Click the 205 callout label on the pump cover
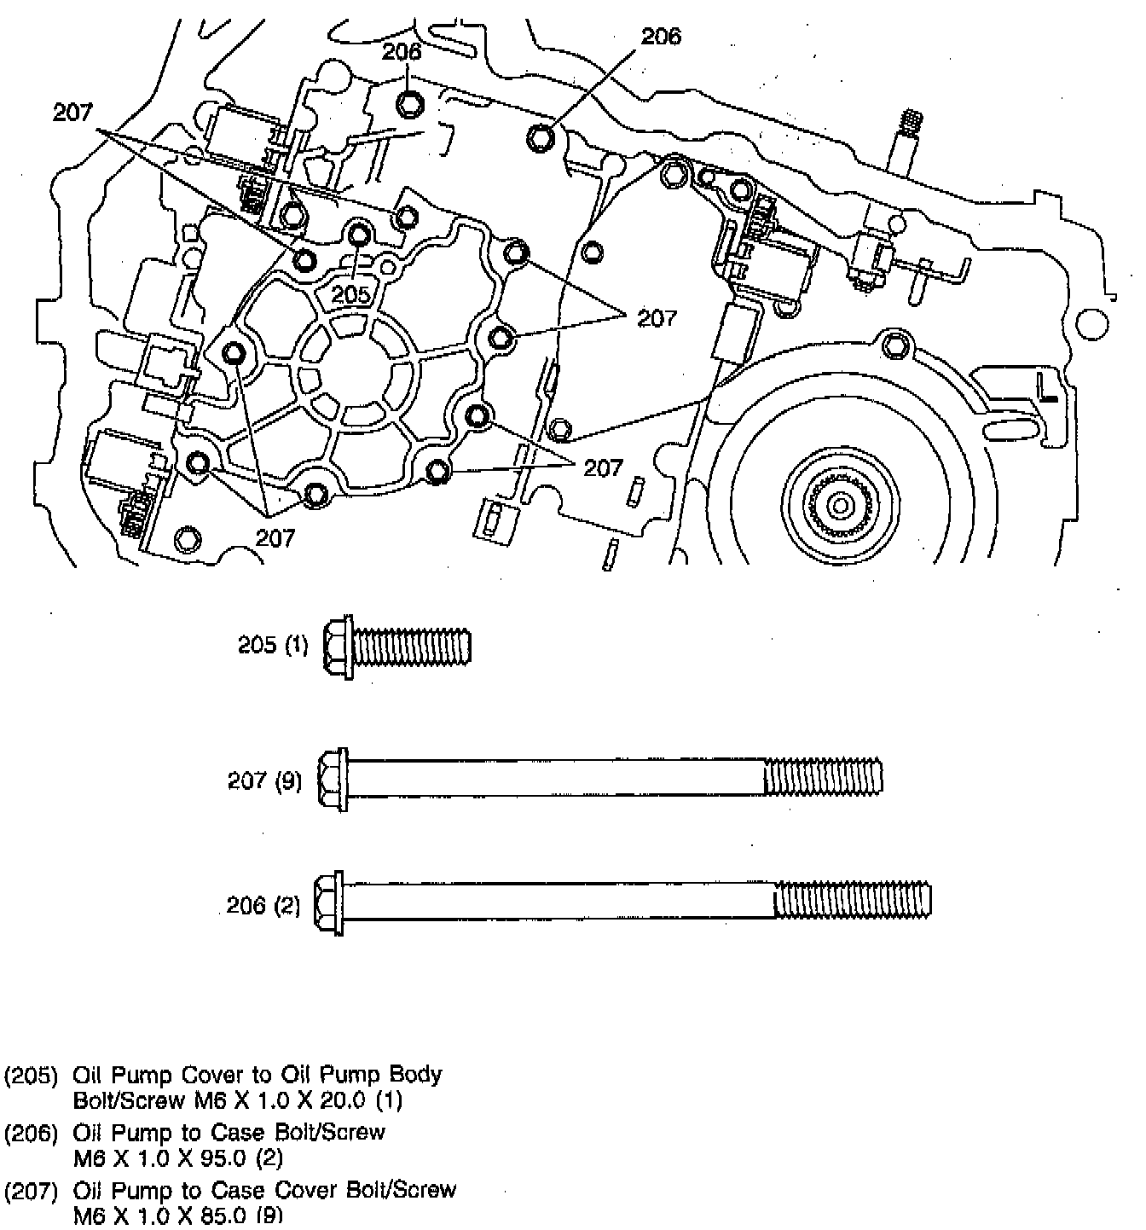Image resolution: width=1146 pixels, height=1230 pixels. click(x=351, y=295)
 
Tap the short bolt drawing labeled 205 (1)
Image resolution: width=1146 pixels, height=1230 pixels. click(x=397, y=647)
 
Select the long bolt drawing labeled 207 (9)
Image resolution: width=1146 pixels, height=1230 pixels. click(x=601, y=779)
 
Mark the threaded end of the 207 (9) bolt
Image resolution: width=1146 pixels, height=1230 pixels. click(x=823, y=778)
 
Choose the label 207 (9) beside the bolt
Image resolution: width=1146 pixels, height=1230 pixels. click(x=264, y=780)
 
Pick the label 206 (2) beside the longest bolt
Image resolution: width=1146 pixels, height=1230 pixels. click(x=263, y=906)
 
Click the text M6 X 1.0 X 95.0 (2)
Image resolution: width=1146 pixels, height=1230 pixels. click(x=178, y=1158)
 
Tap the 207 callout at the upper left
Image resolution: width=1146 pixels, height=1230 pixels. click(x=72, y=113)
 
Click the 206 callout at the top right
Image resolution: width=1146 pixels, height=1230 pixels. click(x=661, y=37)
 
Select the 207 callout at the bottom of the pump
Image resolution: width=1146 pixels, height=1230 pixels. click(x=275, y=537)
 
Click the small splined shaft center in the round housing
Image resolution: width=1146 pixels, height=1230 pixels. click(x=841, y=506)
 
